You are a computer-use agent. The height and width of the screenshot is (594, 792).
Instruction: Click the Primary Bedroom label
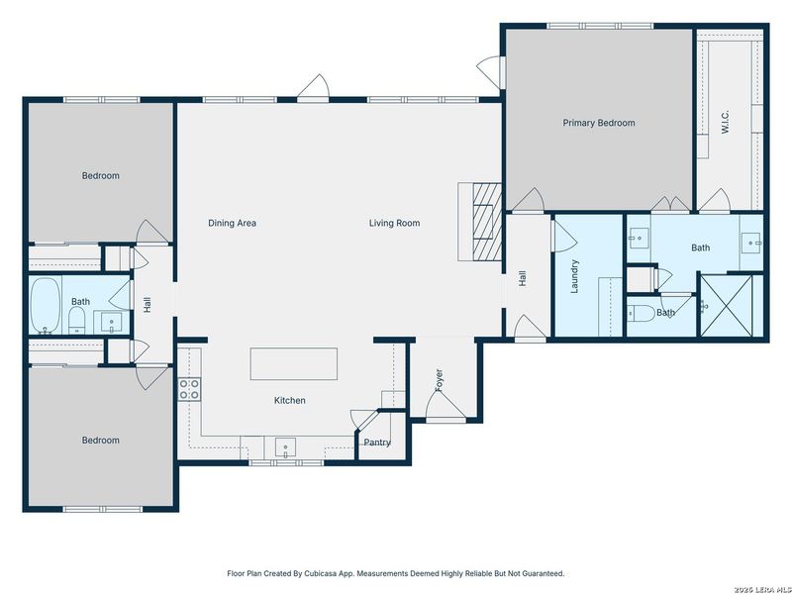tap(598, 123)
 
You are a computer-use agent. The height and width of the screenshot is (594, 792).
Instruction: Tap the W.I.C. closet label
tap(726, 124)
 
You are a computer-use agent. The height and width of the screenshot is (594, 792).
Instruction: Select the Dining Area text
tap(233, 223)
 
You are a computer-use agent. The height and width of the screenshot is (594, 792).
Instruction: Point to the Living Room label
tap(394, 223)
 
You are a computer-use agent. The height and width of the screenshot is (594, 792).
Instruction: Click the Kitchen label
tap(289, 400)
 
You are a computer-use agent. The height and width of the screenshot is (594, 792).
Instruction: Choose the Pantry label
tap(376, 443)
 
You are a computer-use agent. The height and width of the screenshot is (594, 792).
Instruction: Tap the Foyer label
tap(440, 379)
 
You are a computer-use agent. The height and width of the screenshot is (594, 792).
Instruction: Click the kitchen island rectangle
tap(294, 363)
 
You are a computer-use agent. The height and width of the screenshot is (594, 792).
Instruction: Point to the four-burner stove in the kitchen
tap(189, 389)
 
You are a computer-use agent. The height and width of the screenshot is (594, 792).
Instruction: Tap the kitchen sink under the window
tap(286, 446)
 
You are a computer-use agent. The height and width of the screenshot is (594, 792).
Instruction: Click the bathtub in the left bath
tap(46, 305)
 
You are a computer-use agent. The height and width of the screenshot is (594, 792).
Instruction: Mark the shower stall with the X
tap(733, 307)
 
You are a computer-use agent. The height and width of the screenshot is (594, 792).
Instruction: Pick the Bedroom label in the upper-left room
tap(100, 175)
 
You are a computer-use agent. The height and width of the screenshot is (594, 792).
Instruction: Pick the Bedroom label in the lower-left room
tap(100, 440)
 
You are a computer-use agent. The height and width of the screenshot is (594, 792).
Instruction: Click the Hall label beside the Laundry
tap(523, 280)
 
